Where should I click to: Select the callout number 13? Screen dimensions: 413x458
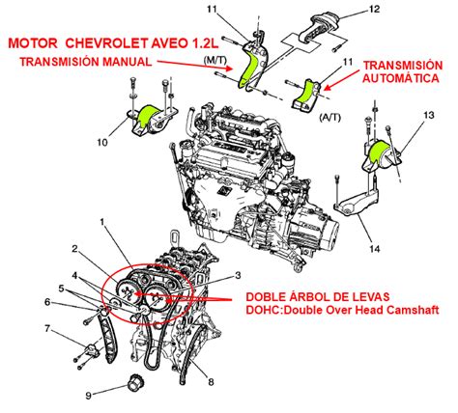tap(428, 114)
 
